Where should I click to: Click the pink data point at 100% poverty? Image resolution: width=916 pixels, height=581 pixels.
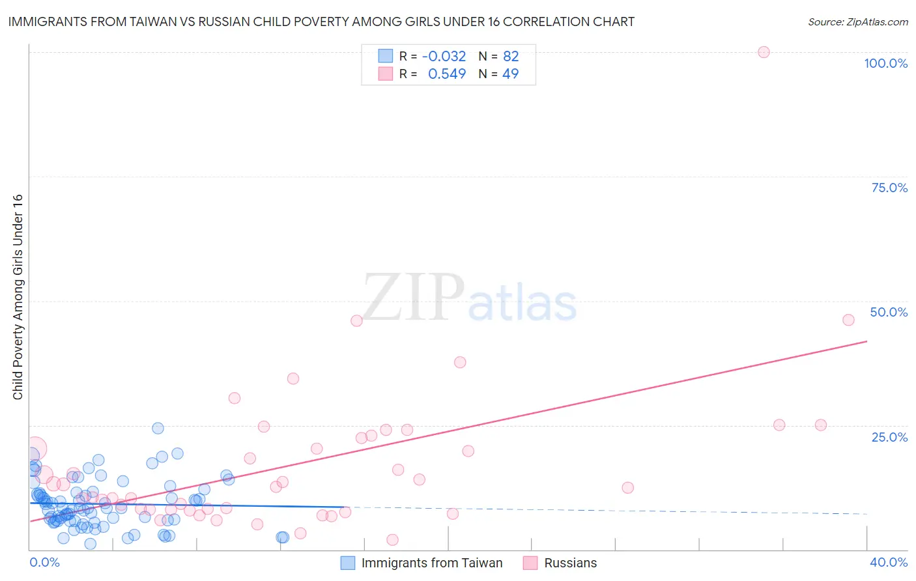(764, 52)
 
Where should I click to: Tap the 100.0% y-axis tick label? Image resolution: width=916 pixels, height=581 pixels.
(885, 63)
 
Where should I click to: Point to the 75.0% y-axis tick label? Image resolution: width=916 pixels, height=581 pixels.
(889, 188)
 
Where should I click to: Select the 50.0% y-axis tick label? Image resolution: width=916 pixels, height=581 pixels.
(889, 312)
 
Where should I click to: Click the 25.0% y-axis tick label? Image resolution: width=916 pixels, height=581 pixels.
(889, 436)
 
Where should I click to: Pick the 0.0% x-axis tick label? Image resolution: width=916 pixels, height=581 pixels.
(44, 562)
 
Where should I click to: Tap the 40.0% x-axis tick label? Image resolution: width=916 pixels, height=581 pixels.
(889, 562)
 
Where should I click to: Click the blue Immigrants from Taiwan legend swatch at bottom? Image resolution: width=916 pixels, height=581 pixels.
(348, 563)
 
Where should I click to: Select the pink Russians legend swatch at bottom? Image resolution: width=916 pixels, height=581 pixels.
(530, 563)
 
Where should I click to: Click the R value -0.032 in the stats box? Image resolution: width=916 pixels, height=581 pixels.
(444, 56)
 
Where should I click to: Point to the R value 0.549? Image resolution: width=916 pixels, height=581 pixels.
(446, 74)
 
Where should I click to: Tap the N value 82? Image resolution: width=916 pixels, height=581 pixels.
(511, 56)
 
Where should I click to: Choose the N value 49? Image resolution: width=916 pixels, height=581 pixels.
(510, 74)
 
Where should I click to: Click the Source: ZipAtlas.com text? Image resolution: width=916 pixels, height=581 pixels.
(857, 21)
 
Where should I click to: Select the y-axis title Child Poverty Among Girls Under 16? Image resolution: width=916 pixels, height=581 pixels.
(18, 296)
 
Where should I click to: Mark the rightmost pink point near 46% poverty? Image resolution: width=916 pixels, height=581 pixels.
(848, 320)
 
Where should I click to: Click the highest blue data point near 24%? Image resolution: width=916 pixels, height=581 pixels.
(158, 428)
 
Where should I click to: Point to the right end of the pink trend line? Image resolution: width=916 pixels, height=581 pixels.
(866, 341)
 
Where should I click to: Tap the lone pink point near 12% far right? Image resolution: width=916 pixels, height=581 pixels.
(627, 487)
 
